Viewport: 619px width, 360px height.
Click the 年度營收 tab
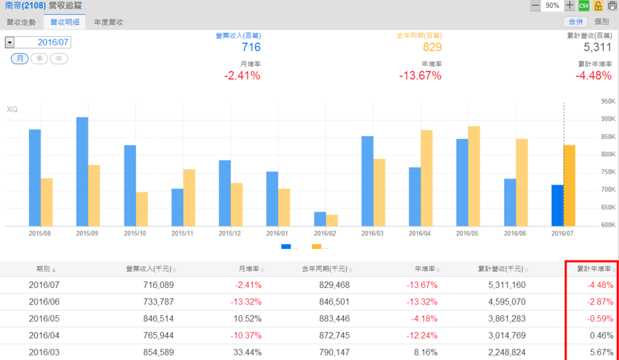pyautogui.click(x=109, y=22)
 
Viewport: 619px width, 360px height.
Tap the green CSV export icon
pyautogui.click(x=583, y=5)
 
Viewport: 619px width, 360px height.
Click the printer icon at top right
pyautogui.click(x=611, y=5)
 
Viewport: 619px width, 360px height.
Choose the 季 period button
pyautogui.click(x=39, y=59)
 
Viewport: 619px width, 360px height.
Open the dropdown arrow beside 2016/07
pyautogui.click(x=10, y=42)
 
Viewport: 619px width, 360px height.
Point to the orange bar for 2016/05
pyautogui.click(x=474, y=176)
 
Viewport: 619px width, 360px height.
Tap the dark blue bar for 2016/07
pyautogui.click(x=557, y=205)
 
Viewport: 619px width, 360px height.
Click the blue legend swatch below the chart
pyautogui.click(x=286, y=246)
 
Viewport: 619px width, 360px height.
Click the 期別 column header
pyautogui.click(x=46, y=269)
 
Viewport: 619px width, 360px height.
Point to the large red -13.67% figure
pyautogui.click(x=420, y=76)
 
